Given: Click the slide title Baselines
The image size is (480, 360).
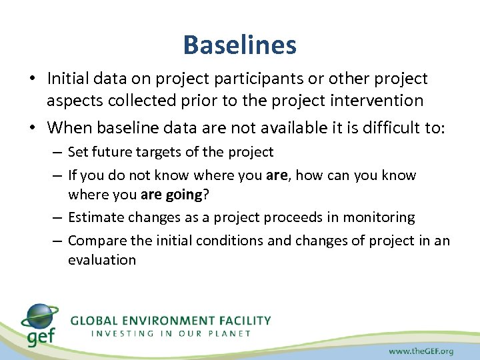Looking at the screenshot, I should [239, 45].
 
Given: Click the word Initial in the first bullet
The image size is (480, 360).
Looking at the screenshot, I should [67, 79].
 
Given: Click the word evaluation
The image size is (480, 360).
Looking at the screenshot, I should [101, 260].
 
